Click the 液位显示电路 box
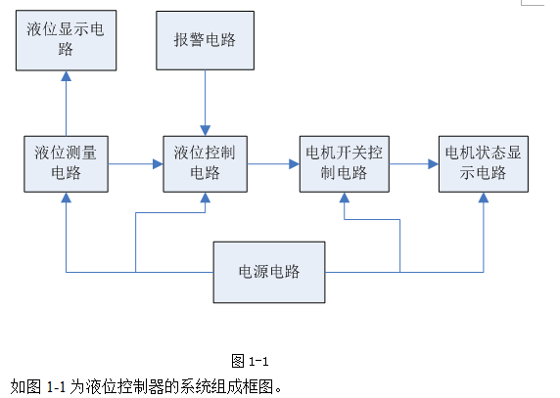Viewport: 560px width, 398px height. (66, 40)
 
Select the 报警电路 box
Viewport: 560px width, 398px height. (205, 40)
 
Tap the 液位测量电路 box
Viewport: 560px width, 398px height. (66, 164)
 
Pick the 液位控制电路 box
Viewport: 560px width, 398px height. (205, 164)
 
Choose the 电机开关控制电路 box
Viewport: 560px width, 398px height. (345, 164)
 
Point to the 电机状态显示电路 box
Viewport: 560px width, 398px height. (484, 164)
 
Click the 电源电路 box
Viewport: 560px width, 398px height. (269, 273)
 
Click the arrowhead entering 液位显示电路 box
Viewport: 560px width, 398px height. (66, 76)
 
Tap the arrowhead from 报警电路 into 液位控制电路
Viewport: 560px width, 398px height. (205, 130)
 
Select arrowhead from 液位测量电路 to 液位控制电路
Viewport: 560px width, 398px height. (158, 164)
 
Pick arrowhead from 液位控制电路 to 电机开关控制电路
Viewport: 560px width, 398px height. (295, 164)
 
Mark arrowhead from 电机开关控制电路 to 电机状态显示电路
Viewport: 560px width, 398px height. (434, 164)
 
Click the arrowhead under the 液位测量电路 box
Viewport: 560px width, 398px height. (66, 198)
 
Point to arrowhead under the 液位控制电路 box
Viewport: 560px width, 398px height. (205, 198)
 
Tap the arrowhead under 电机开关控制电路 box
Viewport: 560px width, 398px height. (345, 198)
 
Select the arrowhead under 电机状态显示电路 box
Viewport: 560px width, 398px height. (484, 198)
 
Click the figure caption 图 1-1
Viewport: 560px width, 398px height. (250, 361)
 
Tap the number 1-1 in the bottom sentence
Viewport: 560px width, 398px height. (56, 387)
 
